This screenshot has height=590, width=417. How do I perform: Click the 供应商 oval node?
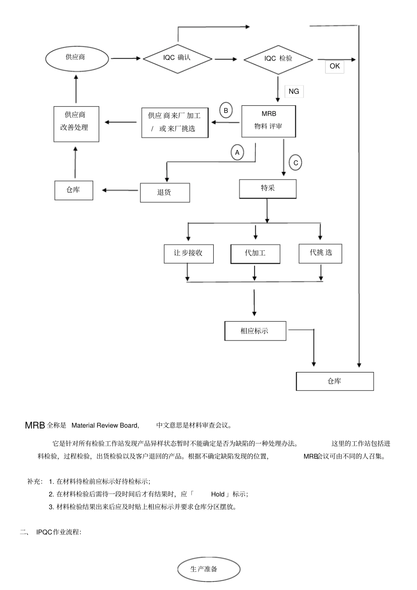pyautogui.click(x=77, y=57)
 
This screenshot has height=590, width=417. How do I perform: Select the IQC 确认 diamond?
pyautogui.click(x=177, y=58)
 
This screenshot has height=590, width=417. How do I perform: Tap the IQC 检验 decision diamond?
pyautogui.click(x=278, y=59)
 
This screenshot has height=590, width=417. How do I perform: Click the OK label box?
pyautogui.click(x=334, y=66)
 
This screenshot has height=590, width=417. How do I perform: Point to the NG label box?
pyautogui.click(x=294, y=91)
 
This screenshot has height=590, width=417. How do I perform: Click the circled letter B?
pyautogui.click(x=226, y=111)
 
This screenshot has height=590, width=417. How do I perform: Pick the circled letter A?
pyautogui.click(x=237, y=152)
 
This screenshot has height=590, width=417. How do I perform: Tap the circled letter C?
pyautogui.click(x=295, y=163)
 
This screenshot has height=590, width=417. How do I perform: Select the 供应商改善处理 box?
pyautogui.click(x=76, y=124)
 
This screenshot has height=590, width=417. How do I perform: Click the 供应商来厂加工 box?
pyautogui.click(x=175, y=122)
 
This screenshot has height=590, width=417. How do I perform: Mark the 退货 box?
pyautogui.click(x=165, y=193)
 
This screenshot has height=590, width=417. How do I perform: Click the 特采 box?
pyautogui.click(x=268, y=189)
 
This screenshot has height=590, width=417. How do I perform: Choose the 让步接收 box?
pyautogui.click(x=188, y=254)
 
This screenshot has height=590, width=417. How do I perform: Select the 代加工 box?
pyautogui.click(x=255, y=254)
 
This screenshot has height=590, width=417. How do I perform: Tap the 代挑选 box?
pyautogui.click(x=320, y=253)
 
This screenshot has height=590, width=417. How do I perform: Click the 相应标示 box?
pyautogui.click(x=255, y=331)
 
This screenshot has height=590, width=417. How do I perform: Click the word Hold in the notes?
pyautogui.click(x=218, y=494)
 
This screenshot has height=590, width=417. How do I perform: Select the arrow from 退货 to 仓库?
pyautogui.click(x=120, y=190)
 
